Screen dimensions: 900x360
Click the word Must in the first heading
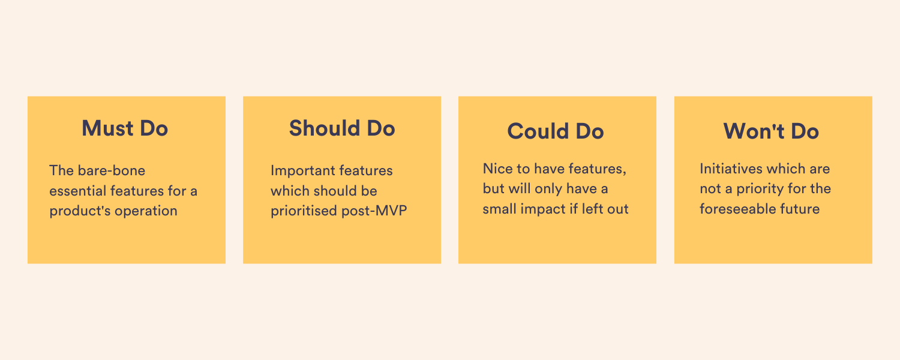107,128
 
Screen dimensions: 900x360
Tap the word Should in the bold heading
324,128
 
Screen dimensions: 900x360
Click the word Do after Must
154,128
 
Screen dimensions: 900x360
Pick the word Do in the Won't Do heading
805,131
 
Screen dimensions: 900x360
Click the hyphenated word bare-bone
111,170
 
